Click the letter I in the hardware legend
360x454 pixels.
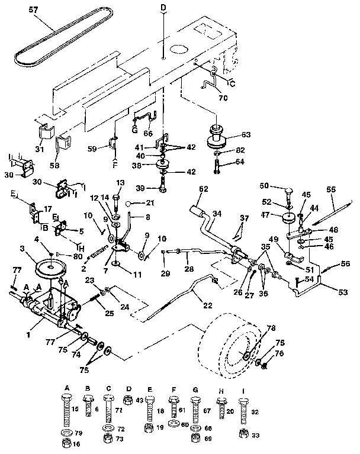point(244,390)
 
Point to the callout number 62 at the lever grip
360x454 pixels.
point(204,189)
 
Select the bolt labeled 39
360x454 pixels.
point(162,189)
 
